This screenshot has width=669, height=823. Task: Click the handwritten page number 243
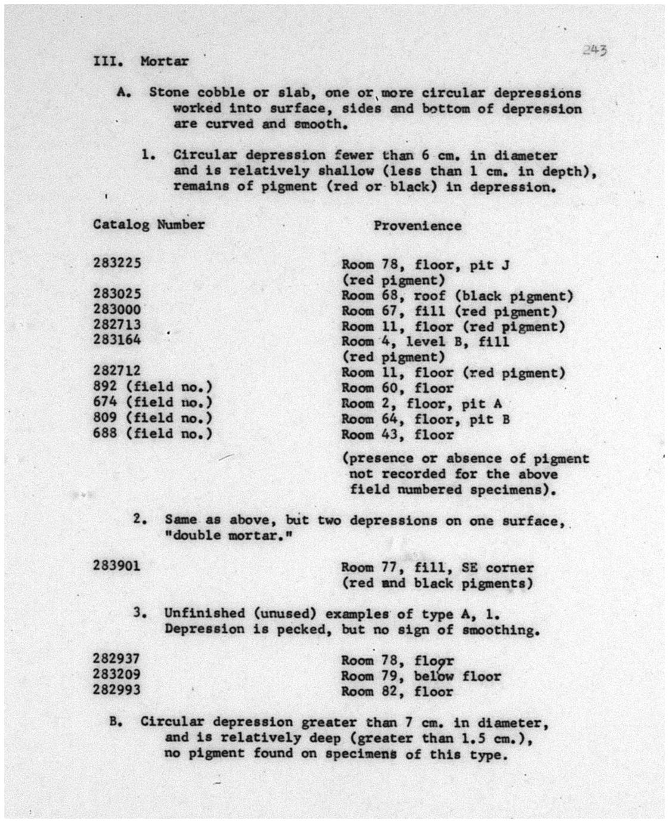(594, 51)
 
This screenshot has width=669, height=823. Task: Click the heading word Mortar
(165, 61)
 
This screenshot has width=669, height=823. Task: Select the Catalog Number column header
(148, 225)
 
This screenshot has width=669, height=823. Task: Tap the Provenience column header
(417, 226)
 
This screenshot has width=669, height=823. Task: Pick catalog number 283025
(117, 293)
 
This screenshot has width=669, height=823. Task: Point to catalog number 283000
(117, 309)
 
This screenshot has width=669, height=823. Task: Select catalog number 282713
(117, 324)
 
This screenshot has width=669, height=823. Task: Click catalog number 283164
(117, 340)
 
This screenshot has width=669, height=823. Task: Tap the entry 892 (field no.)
(152, 386)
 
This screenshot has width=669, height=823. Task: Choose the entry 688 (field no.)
(152, 434)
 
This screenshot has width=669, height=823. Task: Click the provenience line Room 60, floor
(397, 388)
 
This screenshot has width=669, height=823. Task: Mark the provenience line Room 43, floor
(397, 435)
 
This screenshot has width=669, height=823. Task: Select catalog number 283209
(117, 675)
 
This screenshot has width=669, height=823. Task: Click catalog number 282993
(117, 690)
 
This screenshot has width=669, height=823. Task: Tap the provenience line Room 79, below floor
(420, 676)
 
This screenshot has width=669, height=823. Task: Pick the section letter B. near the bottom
(116, 722)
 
